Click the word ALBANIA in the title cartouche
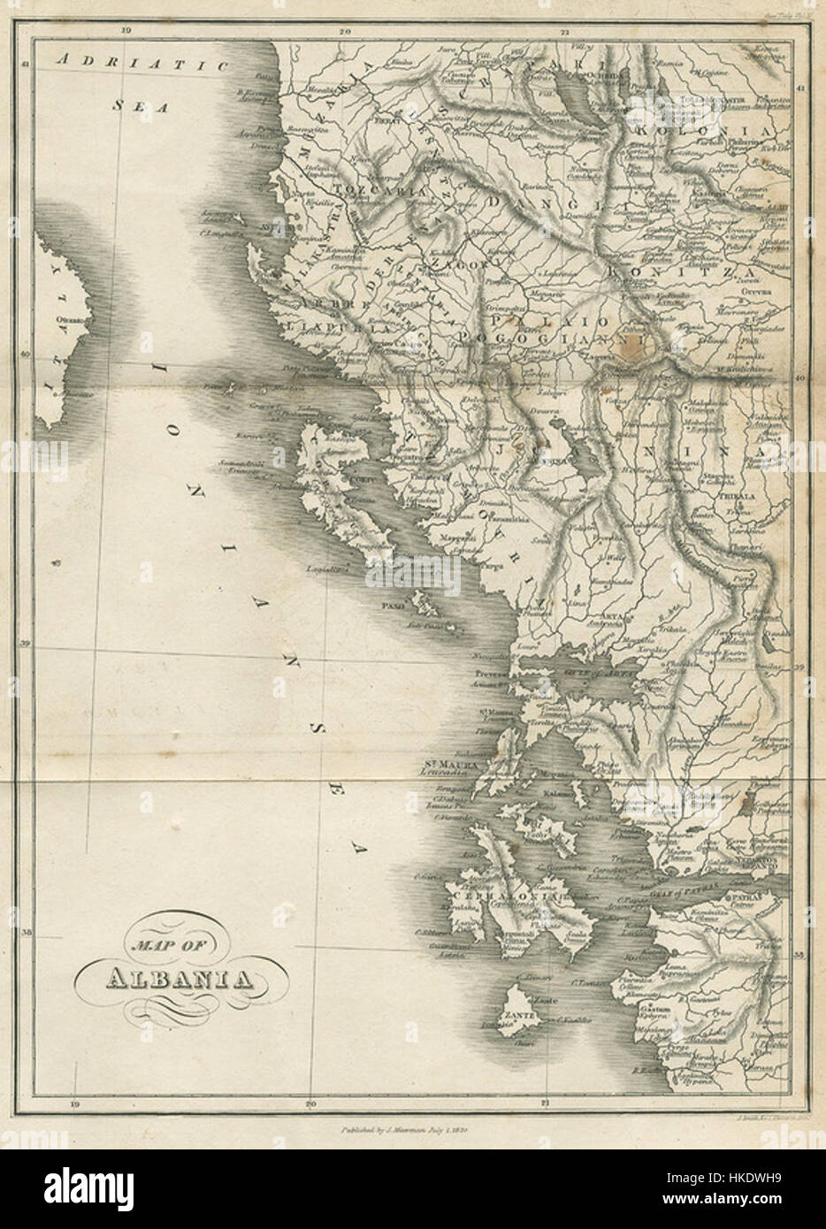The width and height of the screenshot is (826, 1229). click(176, 978)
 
